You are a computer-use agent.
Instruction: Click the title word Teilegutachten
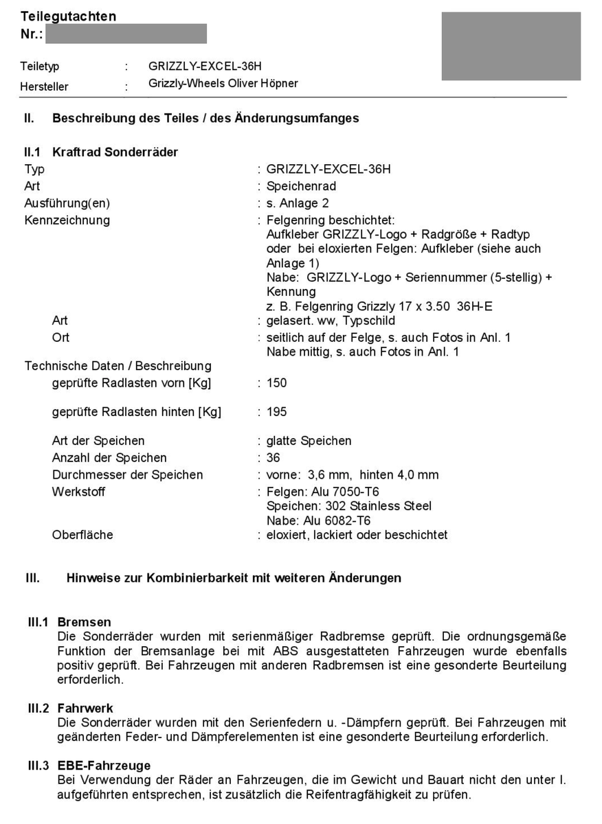click(69, 16)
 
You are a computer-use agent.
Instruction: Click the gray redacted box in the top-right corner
click(511, 46)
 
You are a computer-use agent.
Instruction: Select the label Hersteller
click(45, 87)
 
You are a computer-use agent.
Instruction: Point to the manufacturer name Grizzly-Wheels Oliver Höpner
click(223, 84)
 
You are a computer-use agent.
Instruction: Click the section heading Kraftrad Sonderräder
click(115, 152)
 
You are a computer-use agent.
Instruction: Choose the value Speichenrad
click(301, 186)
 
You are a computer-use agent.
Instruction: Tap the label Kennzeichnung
click(67, 220)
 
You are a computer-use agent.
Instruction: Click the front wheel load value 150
click(277, 382)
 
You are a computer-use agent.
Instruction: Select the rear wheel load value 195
click(277, 412)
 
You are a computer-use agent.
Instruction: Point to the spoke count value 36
click(274, 458)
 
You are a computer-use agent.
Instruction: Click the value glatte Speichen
click(309, 441)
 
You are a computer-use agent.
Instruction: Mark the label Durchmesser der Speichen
click(128, 475)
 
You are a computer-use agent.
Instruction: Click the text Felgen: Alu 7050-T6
click(323, 492)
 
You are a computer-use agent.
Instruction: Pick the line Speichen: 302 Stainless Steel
click(349, 506)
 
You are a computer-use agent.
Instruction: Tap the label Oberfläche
click(82, 535)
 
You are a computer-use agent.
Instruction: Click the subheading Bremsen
click(84, 623)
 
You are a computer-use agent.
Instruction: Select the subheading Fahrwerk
click(85, 708)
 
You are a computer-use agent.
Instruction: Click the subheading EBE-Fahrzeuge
click(104, 766)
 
